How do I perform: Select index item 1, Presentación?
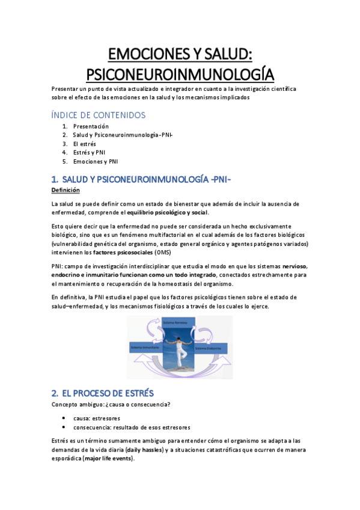pyautogui.click(x=91, y=126)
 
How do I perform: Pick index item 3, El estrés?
pyautogui.click(x=85, y=144)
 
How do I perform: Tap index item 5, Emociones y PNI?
pyautogui.click(x=96, y=162)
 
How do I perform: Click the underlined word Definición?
pyautogui.click(x=66, y=190)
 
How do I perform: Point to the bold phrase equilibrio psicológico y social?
pyautogui.click(x=163, y=214)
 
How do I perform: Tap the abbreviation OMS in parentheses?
pyautogui.click(x=162, y=253)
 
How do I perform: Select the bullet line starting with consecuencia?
pyautogui.click(x=132, y=428)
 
